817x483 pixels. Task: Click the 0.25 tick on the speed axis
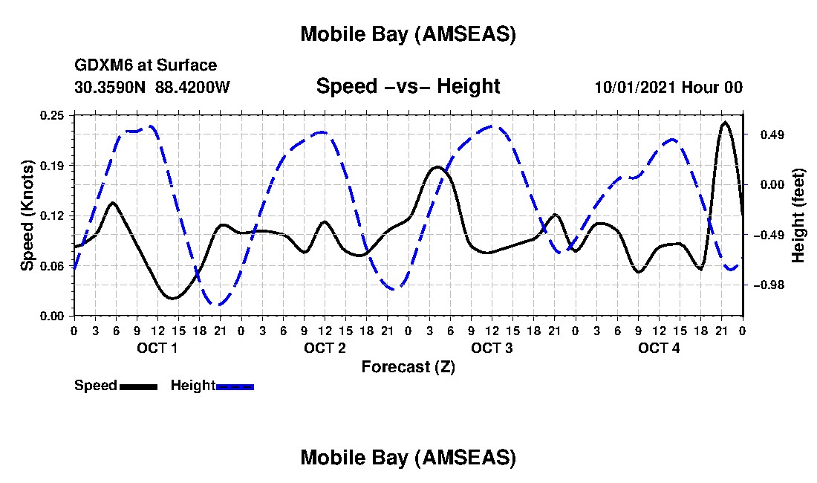(53, 114)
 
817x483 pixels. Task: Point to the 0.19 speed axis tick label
(53, 165)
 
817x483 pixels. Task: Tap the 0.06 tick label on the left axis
(53, 265)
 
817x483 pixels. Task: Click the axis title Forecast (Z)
(408, 367)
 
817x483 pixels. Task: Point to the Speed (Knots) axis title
(27, 215)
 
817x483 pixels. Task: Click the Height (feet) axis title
(798, 215)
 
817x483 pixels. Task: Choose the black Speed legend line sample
(138, 386)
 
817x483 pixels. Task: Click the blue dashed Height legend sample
(235, 386)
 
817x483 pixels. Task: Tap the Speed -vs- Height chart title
(408, 87)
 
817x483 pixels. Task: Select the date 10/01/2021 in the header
(634, 88)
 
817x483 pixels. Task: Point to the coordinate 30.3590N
(111, 88)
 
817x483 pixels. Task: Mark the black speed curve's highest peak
(725, 122)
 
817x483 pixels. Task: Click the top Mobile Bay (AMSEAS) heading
(408, 34)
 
